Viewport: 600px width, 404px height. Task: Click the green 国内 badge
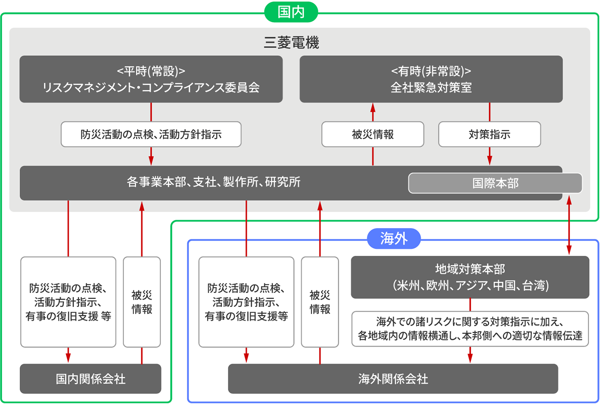[x=291, y=12]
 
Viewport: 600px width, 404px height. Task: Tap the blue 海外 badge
[x=393, y=239]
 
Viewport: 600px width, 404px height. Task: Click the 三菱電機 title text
[x=291, y=42]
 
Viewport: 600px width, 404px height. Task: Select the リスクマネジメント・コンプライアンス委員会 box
[x=151, y=79]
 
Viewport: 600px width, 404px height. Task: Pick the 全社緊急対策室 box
[x=431, y=79]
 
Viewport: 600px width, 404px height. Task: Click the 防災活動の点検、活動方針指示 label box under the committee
[x=151, y=134]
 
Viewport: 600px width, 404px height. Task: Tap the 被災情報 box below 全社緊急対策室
[x=372, y=134]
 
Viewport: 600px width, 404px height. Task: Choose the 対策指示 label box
[x=489, y=134]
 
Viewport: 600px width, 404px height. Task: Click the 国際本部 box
[x=495, y=183]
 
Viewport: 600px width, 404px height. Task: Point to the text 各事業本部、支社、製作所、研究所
[x=213, y=182]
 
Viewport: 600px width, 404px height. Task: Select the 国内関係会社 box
[x=90, y=379]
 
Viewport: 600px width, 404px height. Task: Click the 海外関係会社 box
[x=392, y=379]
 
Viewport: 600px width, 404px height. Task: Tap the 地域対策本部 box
[x=470, y=277]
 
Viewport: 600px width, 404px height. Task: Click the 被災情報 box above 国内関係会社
[x=142, y=302]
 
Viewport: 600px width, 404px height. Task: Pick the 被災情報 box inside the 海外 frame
[x=320, y=302]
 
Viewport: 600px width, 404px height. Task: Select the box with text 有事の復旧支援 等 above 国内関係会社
[x=68, y=302]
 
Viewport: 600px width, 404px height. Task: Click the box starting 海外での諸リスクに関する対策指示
[x=470, y=329]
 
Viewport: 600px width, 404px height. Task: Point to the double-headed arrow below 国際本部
[x=569, y=225]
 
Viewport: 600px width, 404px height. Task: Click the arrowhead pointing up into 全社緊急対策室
[x=372, y=107]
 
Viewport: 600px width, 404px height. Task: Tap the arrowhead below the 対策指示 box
[x=489, y=161]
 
